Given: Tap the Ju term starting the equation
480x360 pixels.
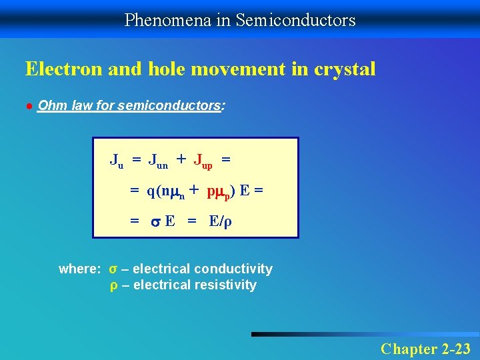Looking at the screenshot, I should pyautogui.click(x=117, y=161).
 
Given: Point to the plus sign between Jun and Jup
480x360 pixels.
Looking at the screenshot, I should pyautogui.click(x=181, y=159).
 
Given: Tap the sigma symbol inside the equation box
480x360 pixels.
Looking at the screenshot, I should pyautogui.click(x=155, y=222).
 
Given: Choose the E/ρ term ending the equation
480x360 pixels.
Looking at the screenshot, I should pyautogui.click(x=221, y=221).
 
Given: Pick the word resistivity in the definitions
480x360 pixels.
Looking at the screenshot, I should pyautogui.click(x=229, y=285).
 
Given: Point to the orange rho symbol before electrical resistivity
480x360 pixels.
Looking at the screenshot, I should pyautogui.click(x=113, y=286).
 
